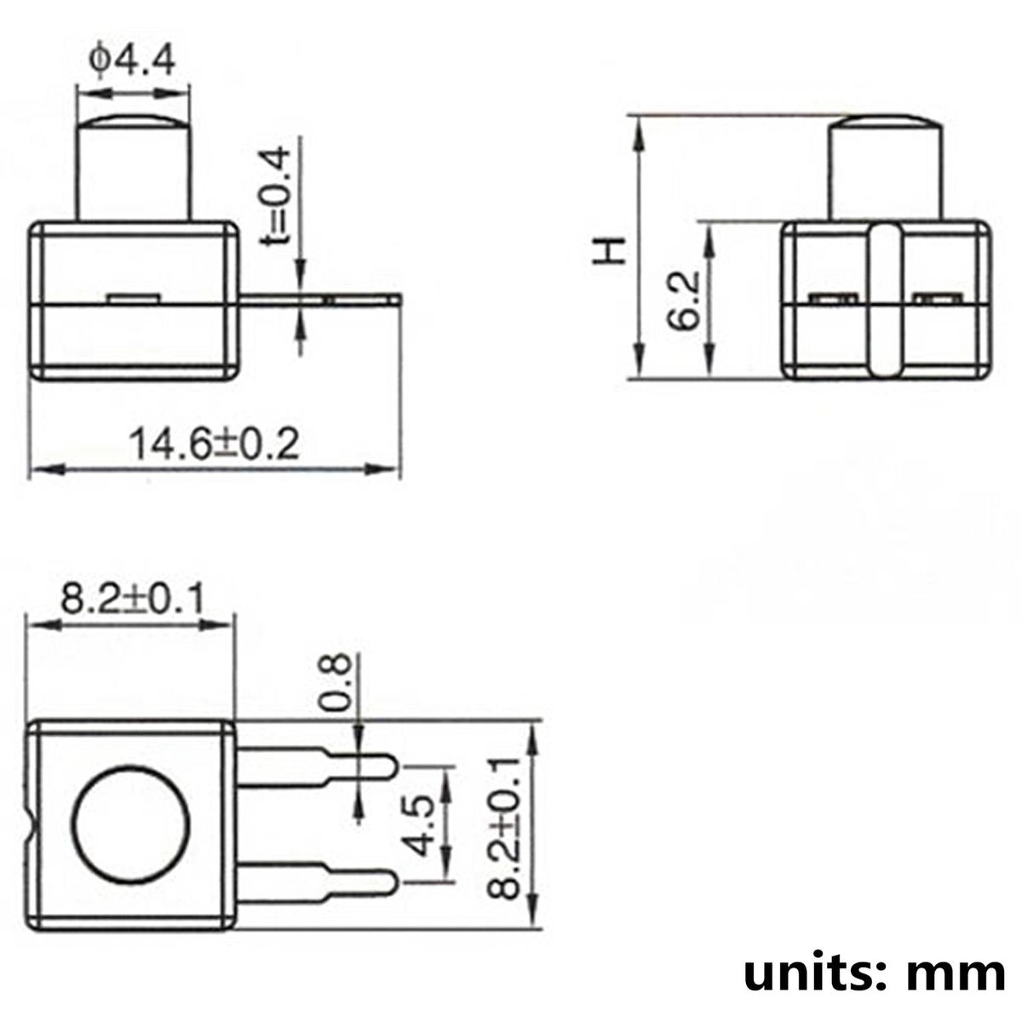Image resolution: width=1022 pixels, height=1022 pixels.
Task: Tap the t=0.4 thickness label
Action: [x=276, y=196]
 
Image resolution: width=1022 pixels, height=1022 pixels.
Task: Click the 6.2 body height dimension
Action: [x=683, y=301]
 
